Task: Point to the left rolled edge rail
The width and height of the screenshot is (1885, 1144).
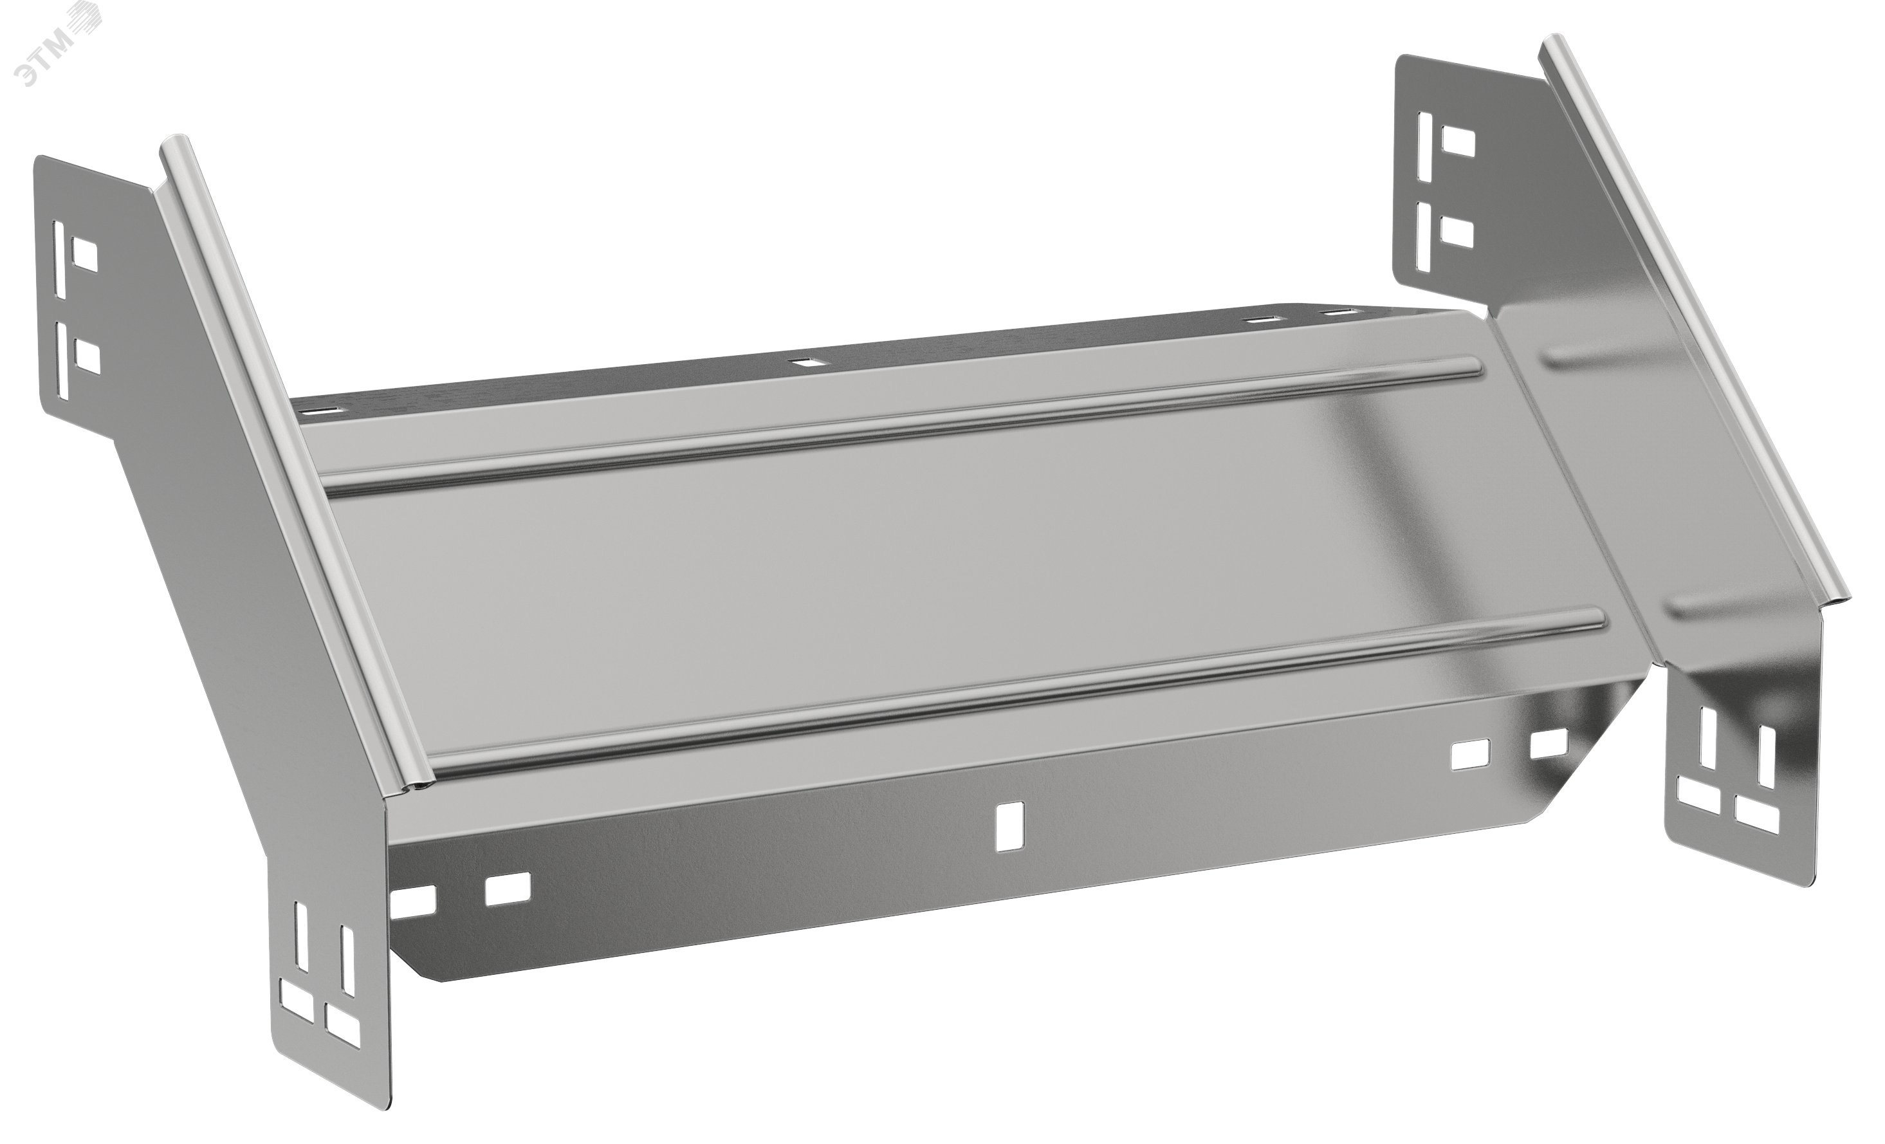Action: (295, 459)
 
